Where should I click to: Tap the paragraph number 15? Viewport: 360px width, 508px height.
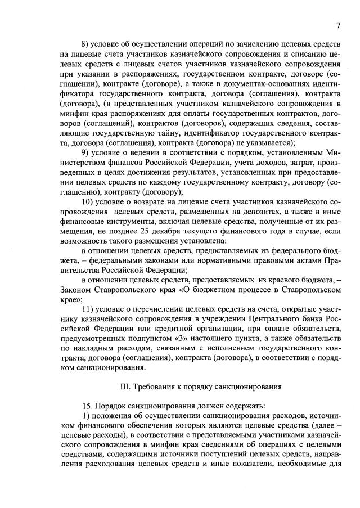[x=87, y=407]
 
